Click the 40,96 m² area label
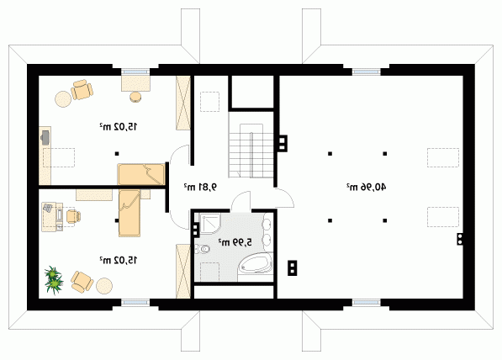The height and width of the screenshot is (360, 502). pyautogui.click(x=366, y=187)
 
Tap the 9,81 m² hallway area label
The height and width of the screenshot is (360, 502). pyautogui.click(x=200, y=187)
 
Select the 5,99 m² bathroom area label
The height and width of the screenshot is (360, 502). pyautogui.click(x=235, y=242)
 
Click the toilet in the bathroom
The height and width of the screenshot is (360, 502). pyautogui.click(x=202, y=248)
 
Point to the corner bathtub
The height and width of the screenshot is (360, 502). pyautogui.click(x=256, y=263)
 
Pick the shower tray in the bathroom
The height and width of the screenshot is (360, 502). pyautogui.click(x=210, y=223)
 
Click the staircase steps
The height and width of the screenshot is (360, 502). pyautogui.click(x=251, y=151)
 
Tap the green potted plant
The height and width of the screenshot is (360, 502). pyautogui.click(x=54, y=280)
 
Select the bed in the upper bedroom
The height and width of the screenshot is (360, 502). pyautogui.click(x=141, y=174)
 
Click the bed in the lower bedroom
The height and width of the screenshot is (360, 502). pyautogui.click(x=129, y=213)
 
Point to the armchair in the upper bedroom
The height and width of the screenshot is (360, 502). pyautogui.click(x=82, y=89)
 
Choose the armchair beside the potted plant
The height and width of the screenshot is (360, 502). pyautogui.click(x=82, y=282)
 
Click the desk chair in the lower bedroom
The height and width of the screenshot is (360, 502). pyautogui.click(x=73, y=216)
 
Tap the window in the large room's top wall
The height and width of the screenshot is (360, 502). pyautogui.click(x=367, y=71)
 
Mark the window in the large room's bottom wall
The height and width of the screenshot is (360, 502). pyautogui.click(x=367, y=303)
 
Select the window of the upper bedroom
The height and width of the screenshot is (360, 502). pyautogui.click(x=135, y=71)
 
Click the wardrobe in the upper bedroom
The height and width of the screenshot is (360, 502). pyautogui.click(x=183, y=103)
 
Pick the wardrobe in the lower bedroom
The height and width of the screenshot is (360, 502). pyautogui.click(x=183, y=271)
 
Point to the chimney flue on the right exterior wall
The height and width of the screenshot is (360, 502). pyautogui.click(x=460, y=239)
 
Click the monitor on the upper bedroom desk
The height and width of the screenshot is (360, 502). pyautogui.click(x=45, y=137)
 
